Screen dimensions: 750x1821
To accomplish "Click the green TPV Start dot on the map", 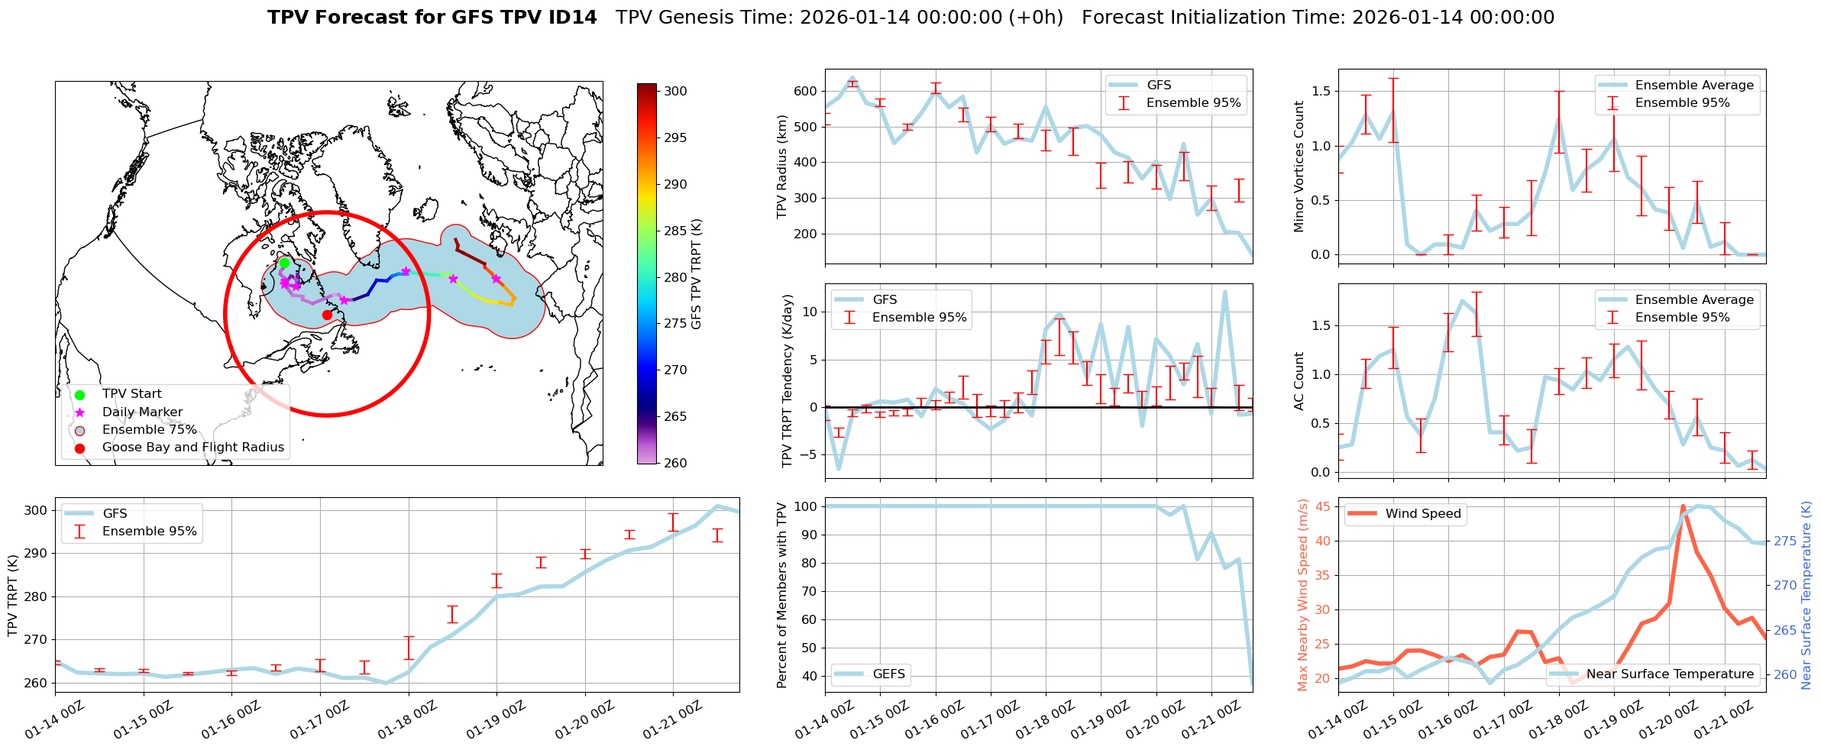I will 284,263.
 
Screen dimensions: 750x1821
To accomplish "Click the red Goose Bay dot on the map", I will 327,315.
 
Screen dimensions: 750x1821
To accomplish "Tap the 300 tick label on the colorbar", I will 675,91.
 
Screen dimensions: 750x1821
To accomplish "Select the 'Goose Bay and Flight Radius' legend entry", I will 192,448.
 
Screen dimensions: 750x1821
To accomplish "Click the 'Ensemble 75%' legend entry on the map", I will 149,430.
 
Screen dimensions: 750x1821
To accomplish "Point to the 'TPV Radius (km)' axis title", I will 781,166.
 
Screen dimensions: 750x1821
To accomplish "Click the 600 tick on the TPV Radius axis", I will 804,91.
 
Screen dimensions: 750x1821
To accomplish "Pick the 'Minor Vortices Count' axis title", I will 1299,166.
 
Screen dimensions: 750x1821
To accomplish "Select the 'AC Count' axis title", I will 1299,381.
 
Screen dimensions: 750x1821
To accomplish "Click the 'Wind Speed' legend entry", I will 1422,514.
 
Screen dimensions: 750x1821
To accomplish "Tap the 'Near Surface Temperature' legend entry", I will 1670,674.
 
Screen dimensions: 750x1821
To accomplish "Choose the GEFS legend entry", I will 888,674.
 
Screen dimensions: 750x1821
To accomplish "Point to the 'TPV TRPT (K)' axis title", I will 12,596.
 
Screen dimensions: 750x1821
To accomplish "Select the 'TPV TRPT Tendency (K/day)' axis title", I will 788,381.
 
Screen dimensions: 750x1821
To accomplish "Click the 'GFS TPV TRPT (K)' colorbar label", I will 696,274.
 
